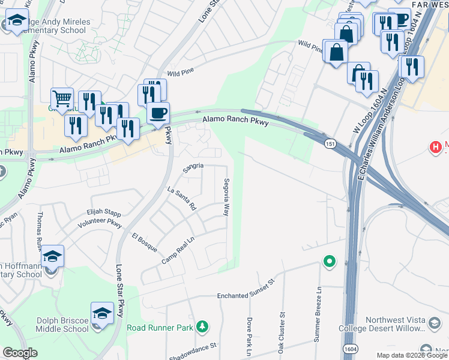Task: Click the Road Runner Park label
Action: pos(160,328)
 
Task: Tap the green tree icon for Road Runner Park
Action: pos(203,327)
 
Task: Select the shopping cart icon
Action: pos(62,97)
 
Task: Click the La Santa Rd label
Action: pos(182,198)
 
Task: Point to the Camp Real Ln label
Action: pos(178,251)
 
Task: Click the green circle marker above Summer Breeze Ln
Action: pos(329,262)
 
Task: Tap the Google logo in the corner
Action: pos(20,353)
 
